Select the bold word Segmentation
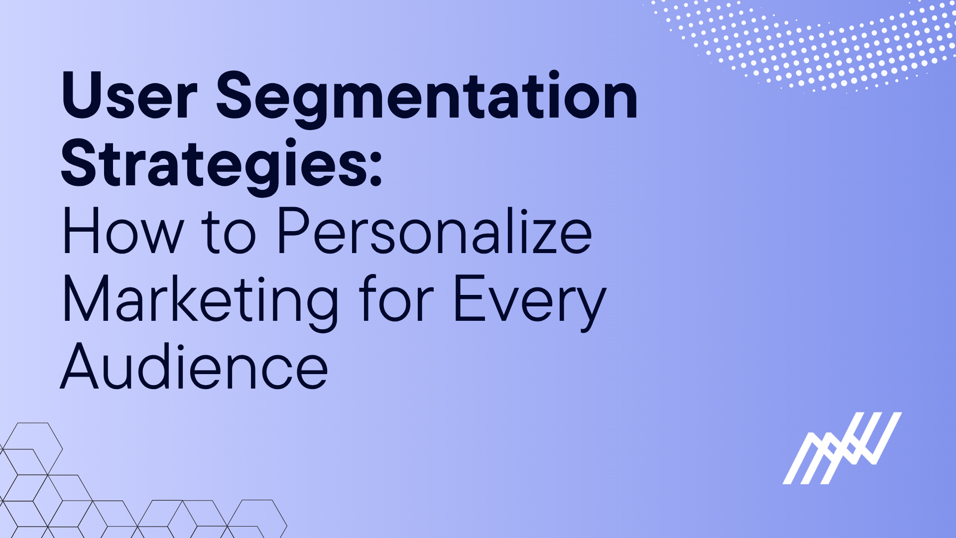pyautogui.click(x=427, y=98)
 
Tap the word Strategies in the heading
pyautogui.click(x=214, y=164)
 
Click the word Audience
pyautogui.click(x=194, y=368)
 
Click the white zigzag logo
pyautogui.click(x=842, y=448)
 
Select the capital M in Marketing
pyautogui.click(x=86, y=299)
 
